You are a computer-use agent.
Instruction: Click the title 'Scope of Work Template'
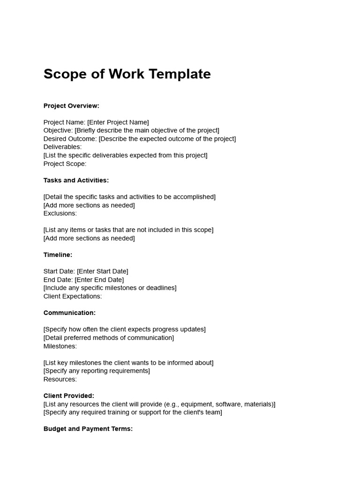[127, 74]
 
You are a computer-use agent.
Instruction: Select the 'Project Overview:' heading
[71, 106]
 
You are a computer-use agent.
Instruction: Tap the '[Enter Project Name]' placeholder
[118, 122]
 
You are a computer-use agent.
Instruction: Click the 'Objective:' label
[58, 130]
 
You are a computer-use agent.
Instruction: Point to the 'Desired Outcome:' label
[70, 139]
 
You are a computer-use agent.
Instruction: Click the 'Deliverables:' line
[62, 147]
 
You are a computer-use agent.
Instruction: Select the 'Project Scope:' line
[65, 164]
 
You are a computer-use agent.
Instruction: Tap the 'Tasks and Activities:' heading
[76, 180]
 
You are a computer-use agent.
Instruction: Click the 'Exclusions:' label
[60, 213]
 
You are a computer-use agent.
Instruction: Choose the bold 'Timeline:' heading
[58, 255]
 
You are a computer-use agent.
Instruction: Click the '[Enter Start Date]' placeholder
[103, 271]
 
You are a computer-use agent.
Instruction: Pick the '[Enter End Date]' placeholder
[99, 280]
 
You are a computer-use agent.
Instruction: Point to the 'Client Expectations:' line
[73, 296]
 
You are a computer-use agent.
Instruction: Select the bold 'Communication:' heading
[69, 313]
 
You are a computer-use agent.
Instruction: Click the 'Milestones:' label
[60, 346]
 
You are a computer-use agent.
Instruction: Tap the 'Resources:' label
[60, 379]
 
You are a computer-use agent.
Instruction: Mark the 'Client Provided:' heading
[69, 396]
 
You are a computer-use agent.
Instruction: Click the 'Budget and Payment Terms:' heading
[88, 428]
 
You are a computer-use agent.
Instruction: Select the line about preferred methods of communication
[108, 337]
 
